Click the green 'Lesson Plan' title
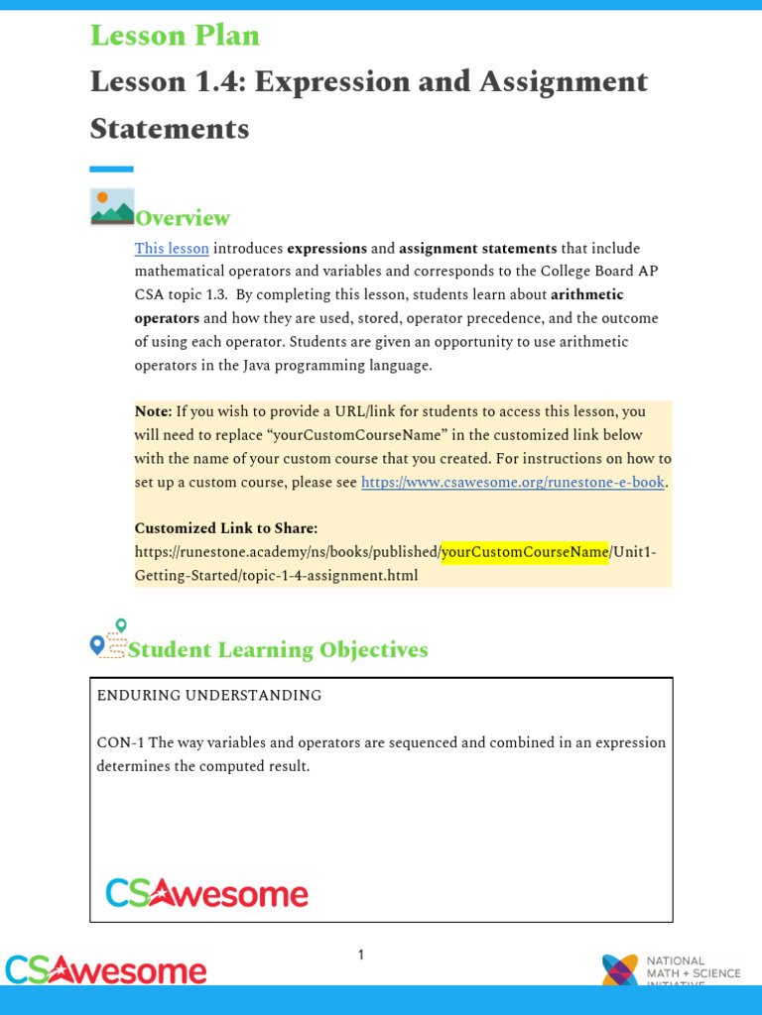pyautogui.click(x=175, y=36)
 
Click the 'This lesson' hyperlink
pyautogui.click(x=172, y=249)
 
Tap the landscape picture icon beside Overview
pyautogui.click(x=112, y=207)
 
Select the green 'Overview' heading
pyautogui.click(x=183, y=219)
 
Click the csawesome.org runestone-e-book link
pyautogui.click(x=512, y=483)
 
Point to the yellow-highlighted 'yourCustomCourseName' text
pyautogui.click(x=525, y=552)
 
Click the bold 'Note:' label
pyautogui.click(x=153, y=411)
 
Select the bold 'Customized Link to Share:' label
pyautogui.click(x=226, y=528)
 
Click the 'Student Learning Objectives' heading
pyautogui.click(x=278, y=650)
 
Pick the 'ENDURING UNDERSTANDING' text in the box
pyautogui.click(x=208, y=696)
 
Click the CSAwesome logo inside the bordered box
pyautogui.click(x=206, y=893)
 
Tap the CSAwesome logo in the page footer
pyautogui.click(x=106, y=969)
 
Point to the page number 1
pyautogui.click(x=361, y=956)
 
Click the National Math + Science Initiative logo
pyautogui.click(x=671, y=970)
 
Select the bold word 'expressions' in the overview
pyautogui.click(x=326, y=249)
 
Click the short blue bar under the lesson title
pyautogui.click(x=111, y=169)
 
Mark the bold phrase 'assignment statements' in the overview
pyautogui.click(x=477, y=249)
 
